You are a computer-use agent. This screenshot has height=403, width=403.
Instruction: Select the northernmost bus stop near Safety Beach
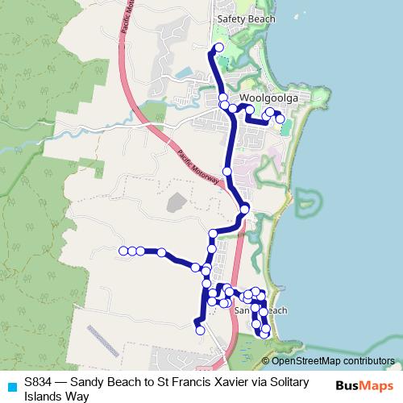point(218,48)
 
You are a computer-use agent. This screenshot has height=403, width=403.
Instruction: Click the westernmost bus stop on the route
point(123,251)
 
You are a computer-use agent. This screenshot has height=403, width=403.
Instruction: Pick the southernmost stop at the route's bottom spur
point(200,330)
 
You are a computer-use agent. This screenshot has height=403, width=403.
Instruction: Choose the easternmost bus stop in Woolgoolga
point(280,118)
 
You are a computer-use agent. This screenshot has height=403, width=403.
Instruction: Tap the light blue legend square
point(11,386)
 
